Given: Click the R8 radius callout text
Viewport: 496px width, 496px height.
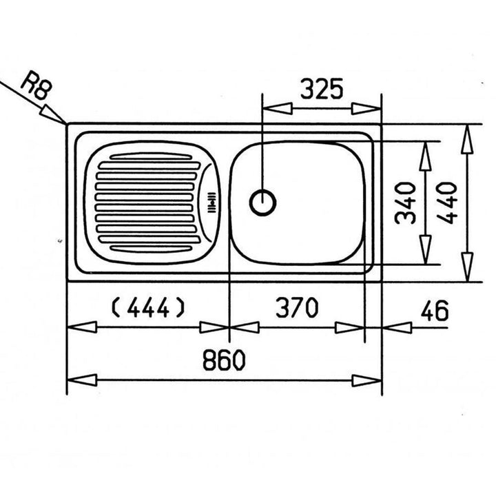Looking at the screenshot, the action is coord(36,86).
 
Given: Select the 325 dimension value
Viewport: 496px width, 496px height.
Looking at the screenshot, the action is coord(322,89).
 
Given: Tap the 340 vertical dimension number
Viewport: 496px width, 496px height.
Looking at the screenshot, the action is coord(405,203).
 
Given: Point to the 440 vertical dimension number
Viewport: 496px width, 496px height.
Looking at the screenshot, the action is coord(446,203).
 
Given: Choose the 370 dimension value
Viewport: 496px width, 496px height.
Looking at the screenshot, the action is coord(297,307).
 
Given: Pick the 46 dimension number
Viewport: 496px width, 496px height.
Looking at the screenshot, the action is coord(434,310).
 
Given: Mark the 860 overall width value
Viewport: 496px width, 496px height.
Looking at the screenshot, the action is coord(224,360).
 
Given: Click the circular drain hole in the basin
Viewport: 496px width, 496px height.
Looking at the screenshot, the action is coord(262,203).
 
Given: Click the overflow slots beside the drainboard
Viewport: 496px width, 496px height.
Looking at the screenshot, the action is coord(211,203).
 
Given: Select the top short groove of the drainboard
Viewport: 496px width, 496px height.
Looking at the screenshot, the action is coord(151,156).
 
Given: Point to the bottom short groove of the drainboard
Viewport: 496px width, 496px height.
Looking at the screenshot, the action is coord(151,249).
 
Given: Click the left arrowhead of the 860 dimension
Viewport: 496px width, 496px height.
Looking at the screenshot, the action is coord(82,380).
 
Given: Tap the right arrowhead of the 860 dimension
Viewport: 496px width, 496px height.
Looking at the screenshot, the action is coord(367,380).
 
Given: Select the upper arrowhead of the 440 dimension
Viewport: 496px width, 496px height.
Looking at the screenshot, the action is coord(467,139).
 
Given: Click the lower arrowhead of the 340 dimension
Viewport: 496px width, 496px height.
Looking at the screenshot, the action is coord(426,249).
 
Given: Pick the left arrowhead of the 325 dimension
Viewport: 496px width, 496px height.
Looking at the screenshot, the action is coord(278,109).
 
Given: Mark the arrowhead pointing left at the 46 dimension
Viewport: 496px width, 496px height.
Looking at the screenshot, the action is coord(397,328).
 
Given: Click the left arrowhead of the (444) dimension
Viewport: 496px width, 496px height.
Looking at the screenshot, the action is coord(82,327).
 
